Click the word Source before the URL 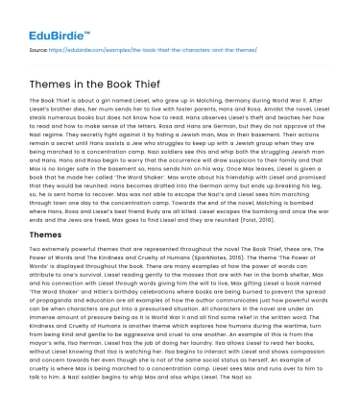click(41, 47)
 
